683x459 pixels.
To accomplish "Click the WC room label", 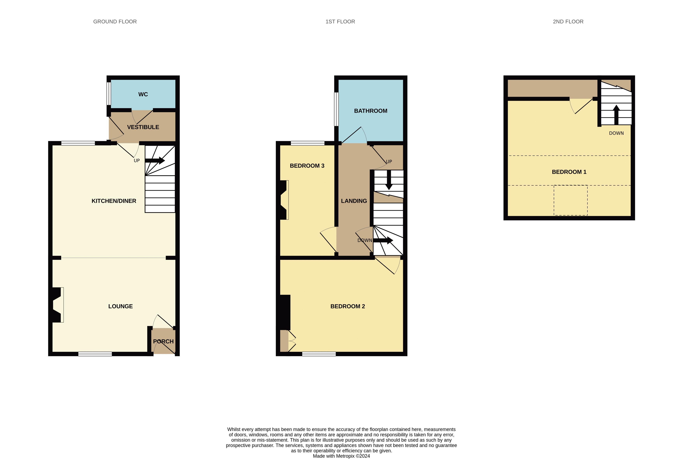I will [143, 94].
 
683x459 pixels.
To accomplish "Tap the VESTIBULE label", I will [143, 127].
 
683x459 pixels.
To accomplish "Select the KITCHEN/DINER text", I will [114, 201].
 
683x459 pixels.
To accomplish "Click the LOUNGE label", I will [121, 306].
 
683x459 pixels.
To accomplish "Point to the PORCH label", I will [163, 341].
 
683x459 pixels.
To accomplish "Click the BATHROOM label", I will [371, 111].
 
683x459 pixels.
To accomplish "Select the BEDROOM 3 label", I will [307, 166].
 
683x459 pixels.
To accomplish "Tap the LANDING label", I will [354, 201].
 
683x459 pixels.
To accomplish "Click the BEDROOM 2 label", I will [347, 306].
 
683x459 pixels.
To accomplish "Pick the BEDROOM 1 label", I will [569, 172].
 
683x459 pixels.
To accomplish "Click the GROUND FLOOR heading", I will [115, 22].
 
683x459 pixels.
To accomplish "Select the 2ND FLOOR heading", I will [568, 22].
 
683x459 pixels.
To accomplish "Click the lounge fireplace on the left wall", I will [57, 305].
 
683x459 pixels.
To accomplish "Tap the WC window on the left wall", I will [108, 93].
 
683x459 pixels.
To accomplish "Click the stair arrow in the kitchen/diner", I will [155, 160].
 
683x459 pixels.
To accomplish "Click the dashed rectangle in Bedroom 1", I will [570, 200].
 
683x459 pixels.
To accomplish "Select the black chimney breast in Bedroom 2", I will [284, 312].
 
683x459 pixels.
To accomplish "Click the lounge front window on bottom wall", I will [95, 354].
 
